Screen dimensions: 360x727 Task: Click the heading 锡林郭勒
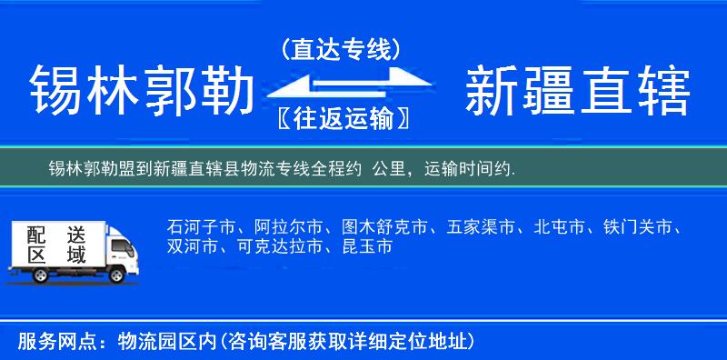[140, 92]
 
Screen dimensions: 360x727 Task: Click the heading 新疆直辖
[578, 92]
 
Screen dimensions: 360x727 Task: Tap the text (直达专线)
[342, 51]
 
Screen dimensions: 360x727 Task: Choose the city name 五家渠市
[482, 226]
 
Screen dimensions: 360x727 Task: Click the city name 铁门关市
[640, 226]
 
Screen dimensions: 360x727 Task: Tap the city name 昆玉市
[367, 246]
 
